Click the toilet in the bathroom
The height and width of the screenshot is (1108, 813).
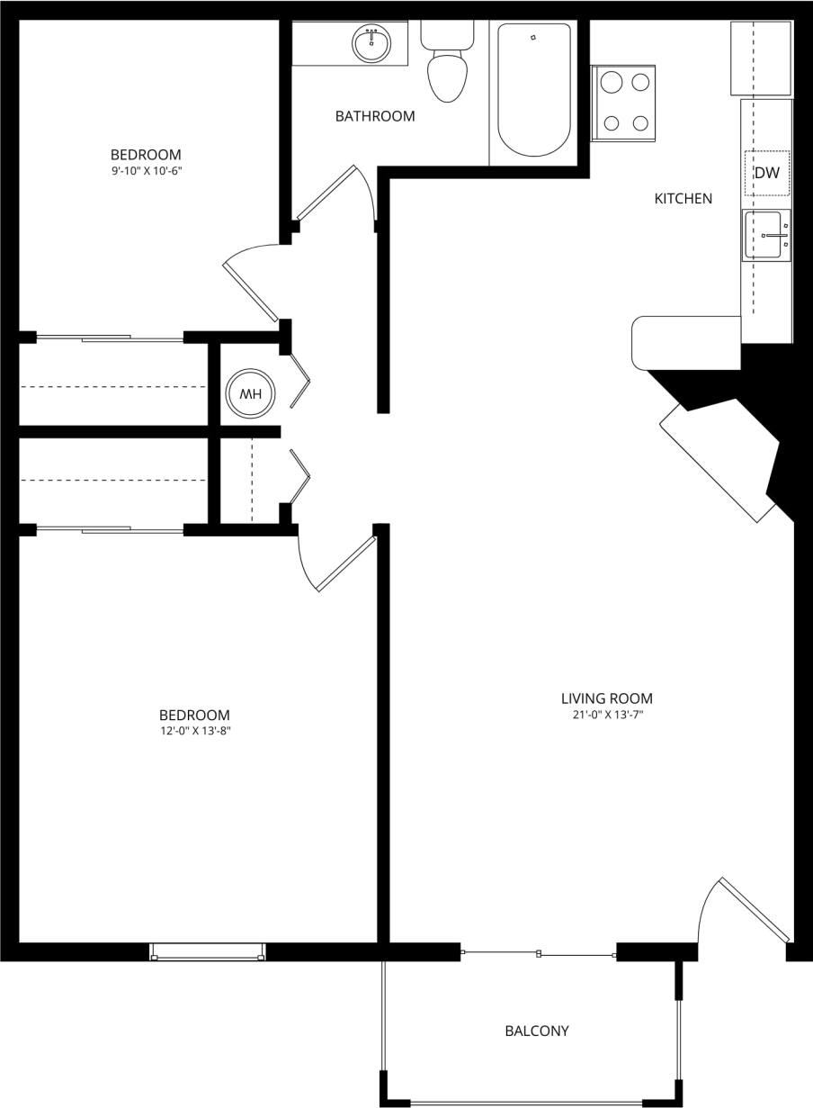point(447,72)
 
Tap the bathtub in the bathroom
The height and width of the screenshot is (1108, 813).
point(534,90)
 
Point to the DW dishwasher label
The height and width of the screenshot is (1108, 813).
point(766,174)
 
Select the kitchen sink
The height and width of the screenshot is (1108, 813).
point(765,236)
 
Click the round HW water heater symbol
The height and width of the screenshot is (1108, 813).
point(250,393)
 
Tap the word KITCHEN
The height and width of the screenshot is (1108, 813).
point(683,199)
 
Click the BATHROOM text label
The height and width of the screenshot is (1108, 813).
point(375,116)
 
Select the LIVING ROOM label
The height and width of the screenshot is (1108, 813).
point(606,698)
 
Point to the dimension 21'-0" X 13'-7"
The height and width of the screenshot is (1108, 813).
point(606,716)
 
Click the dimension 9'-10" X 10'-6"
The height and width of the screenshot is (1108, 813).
point(146,170)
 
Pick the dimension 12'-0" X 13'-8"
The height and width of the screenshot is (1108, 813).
point(195,731)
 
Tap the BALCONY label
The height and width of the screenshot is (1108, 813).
point(536,1031)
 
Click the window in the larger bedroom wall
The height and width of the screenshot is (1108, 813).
point(208,951)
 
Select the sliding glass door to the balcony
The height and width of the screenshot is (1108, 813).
point(538,953)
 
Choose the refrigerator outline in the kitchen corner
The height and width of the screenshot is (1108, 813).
point(762,59)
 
